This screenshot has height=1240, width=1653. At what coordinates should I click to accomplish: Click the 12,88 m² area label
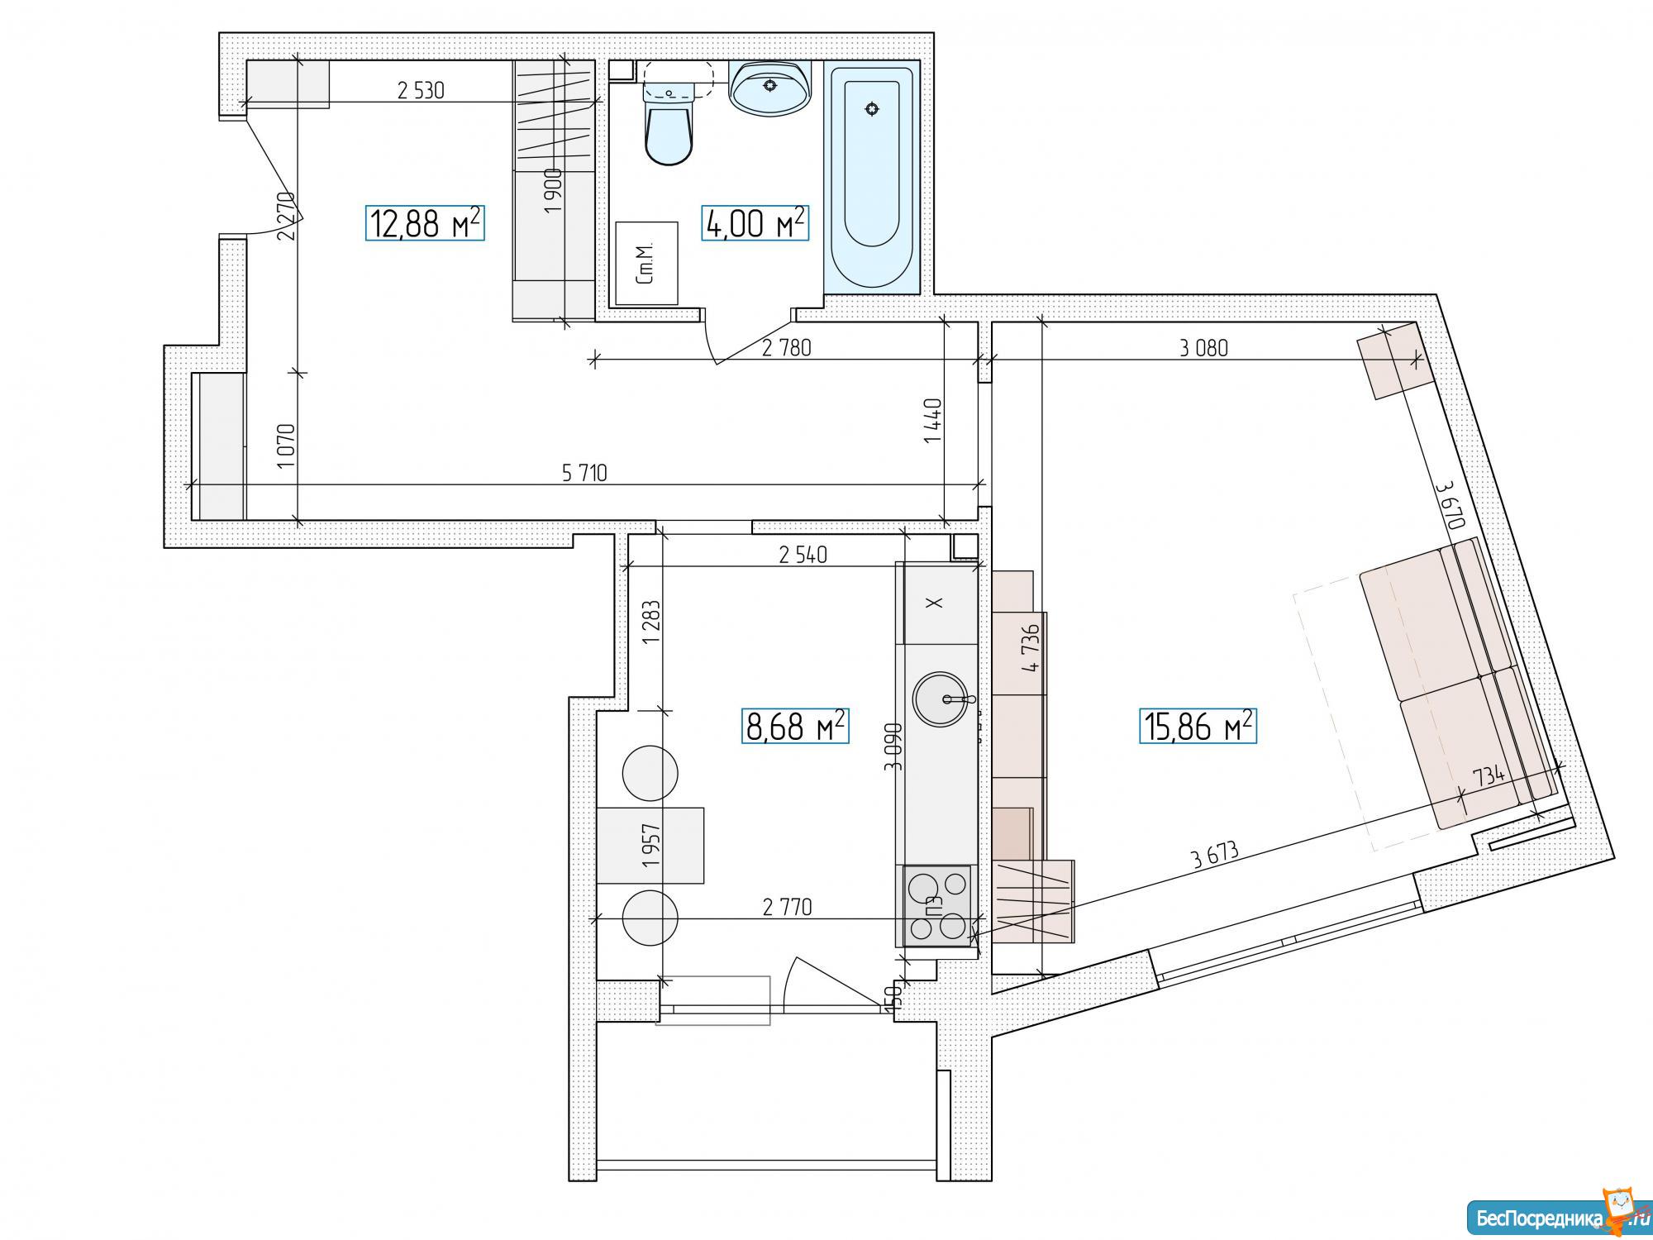pyautogui.click(x=425, y=223)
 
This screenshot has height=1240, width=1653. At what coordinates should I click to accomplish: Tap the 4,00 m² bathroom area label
pyautogui.click(x=755, y=223)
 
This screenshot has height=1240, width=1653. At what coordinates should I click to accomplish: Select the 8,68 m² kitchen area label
pyautogui.click(x=796, y=727)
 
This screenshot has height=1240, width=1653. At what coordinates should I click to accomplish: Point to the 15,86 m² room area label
pyautogui.click(x=1198, y=727)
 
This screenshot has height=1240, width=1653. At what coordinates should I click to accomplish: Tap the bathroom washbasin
pyautogui.click(x=770, y=88)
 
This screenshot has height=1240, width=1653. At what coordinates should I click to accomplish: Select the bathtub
pyautogui.click(x=872, y=177)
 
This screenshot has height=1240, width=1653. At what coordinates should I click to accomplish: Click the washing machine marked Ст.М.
pyautogui.click(x=646, y=263)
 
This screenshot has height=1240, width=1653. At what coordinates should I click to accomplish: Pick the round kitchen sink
pyautogui.click(x=941, y=699)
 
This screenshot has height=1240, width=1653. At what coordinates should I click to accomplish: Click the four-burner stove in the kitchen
pyautogui.click(x=937, y=906)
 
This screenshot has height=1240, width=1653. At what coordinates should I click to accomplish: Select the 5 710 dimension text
pyautogui.click(x=584, y=473)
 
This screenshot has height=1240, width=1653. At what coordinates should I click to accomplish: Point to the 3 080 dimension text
pyautogui.click(x=1203, y=348)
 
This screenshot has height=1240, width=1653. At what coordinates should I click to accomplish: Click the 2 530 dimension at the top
pyautogui.click(x=421, y=90)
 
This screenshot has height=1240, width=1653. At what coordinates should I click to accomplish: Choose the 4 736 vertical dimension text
pyautogui.click(x=1030, y=649)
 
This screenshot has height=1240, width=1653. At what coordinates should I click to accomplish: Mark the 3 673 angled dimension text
pyautogui.click(x=1215, y=855)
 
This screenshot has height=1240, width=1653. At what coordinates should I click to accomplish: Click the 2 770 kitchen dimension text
pyautogui.click(x=787, y=908)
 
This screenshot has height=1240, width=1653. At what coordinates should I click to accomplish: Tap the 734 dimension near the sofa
pyautogui.click(x=1488, y=775)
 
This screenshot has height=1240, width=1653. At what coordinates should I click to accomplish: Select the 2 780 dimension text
pyautogui.click(x=786, y=348)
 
